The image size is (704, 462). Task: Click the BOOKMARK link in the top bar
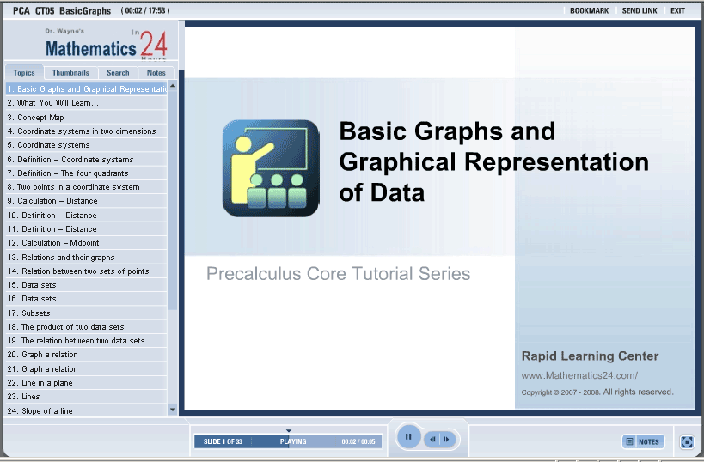click(589, 10)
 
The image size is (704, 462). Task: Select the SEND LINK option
click(640, 10)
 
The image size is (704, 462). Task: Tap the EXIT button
click(677, 10)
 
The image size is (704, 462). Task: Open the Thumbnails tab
click(70, 73)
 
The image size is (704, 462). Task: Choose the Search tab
click(118, 73)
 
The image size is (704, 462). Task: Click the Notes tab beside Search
click(156, 73)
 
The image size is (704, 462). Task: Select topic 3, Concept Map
click(36, 118)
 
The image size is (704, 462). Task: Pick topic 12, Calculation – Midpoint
click(53, 243)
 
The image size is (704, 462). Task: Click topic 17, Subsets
click(28, 313)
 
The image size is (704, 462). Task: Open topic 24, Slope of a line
click(40, 410)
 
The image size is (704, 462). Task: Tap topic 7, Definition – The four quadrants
click(68, 173)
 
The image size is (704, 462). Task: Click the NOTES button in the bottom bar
click(643, 441)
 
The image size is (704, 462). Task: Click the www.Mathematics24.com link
click(579, 375)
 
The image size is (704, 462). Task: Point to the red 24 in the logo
click(154, 45)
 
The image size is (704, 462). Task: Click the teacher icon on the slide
click(271, 168)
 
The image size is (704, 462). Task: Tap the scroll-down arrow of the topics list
click(173, 410)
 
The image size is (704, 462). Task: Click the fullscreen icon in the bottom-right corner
click(687, 441)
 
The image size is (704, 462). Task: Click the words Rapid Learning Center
click(590, 356)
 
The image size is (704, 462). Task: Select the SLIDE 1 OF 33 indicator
click(223, 441)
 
